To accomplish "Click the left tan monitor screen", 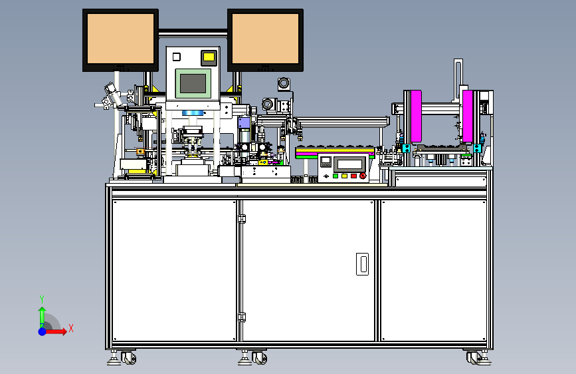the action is (x=120, y=39).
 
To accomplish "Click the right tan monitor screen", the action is (x=265, y=39).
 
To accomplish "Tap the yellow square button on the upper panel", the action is (x=209, y=57).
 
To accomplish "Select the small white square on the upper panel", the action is (x=176, y=57).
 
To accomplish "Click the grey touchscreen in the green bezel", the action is (x=193, y=83).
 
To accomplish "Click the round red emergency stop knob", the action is (x=363, y=176).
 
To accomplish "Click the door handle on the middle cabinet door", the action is (x=362, y=264).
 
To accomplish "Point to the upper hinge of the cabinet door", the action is (x=242, y=219).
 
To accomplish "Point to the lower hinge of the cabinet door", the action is (x=242, y=317).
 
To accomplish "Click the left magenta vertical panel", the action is (x=416, y=116).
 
